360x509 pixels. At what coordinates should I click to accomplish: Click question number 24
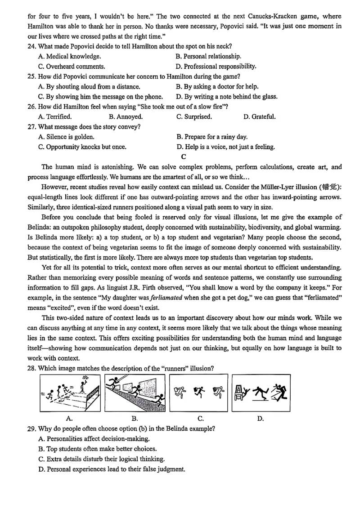click(32, 46)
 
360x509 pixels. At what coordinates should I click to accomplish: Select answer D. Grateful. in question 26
click(259, 117)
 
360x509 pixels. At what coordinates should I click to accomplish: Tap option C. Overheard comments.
click(72, 67)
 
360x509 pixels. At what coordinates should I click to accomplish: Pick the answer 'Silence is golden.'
click(66, 137)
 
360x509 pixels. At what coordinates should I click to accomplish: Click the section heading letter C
click(183, 157)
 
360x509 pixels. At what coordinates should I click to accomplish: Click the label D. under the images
click(260, 419)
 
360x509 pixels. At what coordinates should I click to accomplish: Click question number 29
click(32, 429)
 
